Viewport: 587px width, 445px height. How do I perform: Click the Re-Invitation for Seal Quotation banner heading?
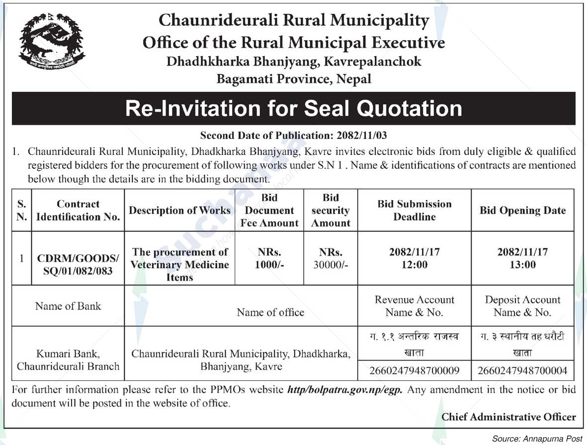click(293, 108)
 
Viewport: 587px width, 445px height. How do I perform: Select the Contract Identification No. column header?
click(78, 210)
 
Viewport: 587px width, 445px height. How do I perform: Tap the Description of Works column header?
click(179, 210)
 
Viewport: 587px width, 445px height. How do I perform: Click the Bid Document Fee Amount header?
click(269, 210)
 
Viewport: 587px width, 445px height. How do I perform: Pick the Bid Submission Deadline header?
click(414, 210)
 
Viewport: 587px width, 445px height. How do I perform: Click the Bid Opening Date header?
click(522, 210)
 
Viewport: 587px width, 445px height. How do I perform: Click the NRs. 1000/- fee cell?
click(269, 258)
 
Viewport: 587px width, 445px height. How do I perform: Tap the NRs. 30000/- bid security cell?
click(331, 258)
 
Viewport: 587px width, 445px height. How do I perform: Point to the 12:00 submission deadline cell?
click(414, 258)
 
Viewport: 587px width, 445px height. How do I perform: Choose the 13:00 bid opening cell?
click(522, 258)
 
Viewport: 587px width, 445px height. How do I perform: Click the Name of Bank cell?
click(68, 306)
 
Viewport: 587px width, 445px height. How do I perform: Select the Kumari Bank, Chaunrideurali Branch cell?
click(68, 360)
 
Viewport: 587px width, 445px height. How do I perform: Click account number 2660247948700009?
click(414, 371)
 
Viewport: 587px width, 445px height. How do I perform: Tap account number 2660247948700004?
click(522, 371)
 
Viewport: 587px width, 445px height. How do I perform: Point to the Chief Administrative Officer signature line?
click(508, 417)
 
